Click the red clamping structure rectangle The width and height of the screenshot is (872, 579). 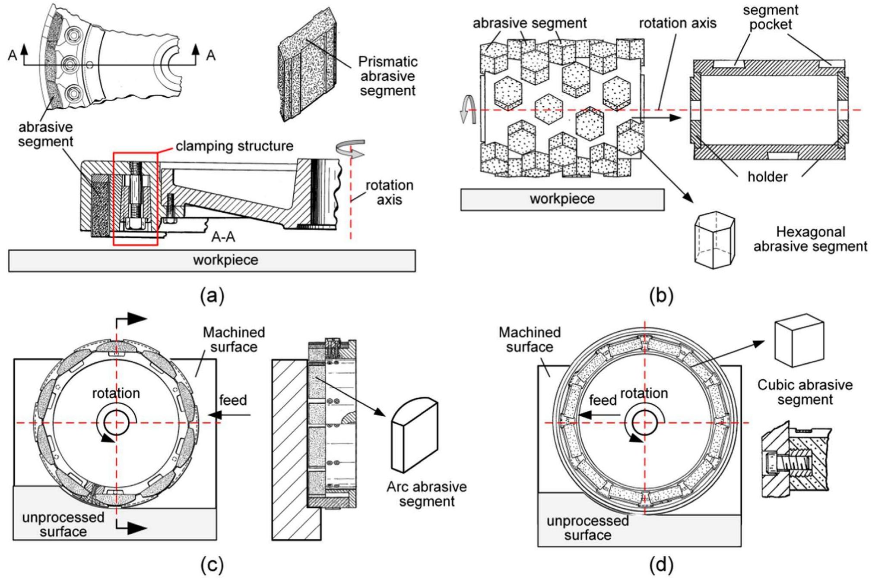(135, 199)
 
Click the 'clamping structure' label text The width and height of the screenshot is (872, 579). (234, 146)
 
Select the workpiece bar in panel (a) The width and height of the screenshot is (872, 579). (212, 261)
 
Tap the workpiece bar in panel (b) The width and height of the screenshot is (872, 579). (562, 199)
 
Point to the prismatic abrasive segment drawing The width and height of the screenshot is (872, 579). (307, 65)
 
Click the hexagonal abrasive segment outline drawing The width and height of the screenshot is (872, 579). (714, 240)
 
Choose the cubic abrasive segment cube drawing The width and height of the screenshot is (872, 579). (799, 341)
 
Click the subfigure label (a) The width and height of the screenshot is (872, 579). (212, 296)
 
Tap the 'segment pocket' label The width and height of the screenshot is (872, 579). (770, 17)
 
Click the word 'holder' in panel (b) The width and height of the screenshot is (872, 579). (767, 177)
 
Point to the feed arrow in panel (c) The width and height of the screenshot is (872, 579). (229, 415)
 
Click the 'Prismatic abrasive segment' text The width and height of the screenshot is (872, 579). (387, 76)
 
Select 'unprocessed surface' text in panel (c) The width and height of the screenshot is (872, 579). (63, 524)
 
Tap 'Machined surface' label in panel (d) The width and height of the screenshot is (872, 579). (529, 340)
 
